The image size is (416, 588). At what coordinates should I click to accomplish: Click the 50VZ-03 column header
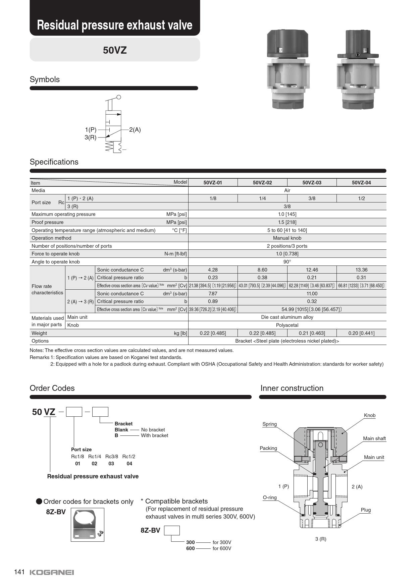(x=312, y=183)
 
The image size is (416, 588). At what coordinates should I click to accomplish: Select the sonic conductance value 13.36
(x=361, y=270)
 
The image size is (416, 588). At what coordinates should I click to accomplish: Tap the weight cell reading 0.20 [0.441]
(x=361, y=333)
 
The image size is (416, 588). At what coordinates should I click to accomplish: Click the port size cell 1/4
(x=262, y=198)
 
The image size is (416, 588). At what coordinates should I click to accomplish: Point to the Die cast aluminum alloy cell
(x=287, y=317)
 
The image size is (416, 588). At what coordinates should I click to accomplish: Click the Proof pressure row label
(x=47, y=222)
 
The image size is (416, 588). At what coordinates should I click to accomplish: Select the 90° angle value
(x=287, y=262)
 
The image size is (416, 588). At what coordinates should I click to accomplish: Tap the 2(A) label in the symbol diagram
(x=135, y=130)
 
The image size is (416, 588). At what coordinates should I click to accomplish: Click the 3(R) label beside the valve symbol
(x=90, y=137)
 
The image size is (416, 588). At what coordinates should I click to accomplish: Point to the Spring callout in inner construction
(x=269, y=424)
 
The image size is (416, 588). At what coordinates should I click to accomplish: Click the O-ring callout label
(x=269, y=497)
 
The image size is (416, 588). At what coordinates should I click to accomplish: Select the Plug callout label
(x=366, y=510)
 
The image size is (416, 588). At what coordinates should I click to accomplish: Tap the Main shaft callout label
(x=374, y=438)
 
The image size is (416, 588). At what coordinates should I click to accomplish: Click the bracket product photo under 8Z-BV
(x=88, y=525)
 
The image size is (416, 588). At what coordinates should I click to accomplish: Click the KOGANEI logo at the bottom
(x=52, y=572)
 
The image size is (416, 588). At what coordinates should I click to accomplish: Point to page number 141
(x=19, y=572)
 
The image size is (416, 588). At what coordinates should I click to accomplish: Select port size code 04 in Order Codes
(x=129, y=464)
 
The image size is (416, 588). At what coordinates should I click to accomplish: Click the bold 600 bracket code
(x=190, y=548)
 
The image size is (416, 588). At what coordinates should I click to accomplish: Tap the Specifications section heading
(x=54, y=162)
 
